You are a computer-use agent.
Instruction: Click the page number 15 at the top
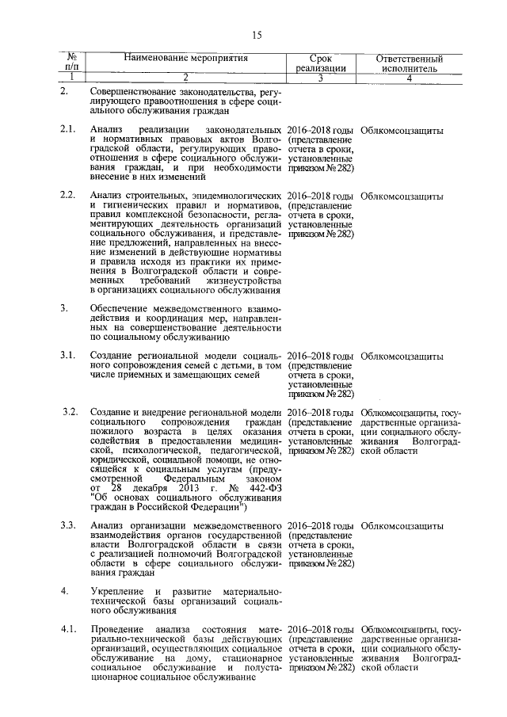click(x=257, y=34)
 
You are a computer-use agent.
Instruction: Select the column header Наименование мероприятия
click(x=185, y=59)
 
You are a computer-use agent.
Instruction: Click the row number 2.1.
click(x=68, y=129)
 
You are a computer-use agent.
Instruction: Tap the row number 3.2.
click(x=70, y=413)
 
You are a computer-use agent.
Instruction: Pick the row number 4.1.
click(x=68, y=630)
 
